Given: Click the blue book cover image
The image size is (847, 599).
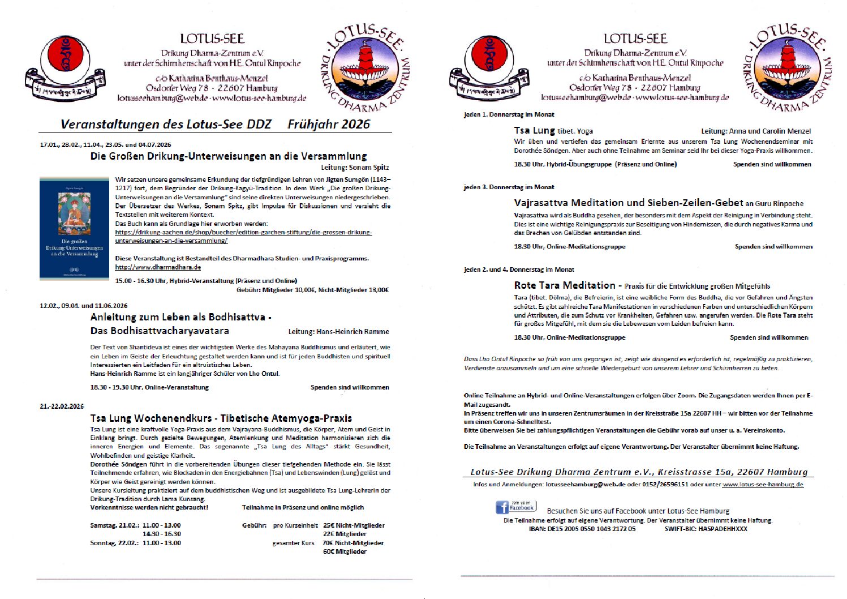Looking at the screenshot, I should [74, 228].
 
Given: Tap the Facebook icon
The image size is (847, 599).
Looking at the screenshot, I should [502, 507].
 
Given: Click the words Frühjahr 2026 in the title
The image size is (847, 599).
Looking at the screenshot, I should [329, 125].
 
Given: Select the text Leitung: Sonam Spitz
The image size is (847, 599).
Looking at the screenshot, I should [355, 168].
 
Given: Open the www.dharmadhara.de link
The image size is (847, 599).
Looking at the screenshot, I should [158, 267].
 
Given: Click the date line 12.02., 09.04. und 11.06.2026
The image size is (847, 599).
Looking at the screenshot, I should [84, 306].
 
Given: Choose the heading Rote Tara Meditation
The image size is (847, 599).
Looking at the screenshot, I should [564, 285].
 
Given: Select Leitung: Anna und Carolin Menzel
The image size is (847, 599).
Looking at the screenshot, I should [756, 131].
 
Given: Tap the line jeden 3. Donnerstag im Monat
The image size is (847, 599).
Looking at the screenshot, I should [509, 187].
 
